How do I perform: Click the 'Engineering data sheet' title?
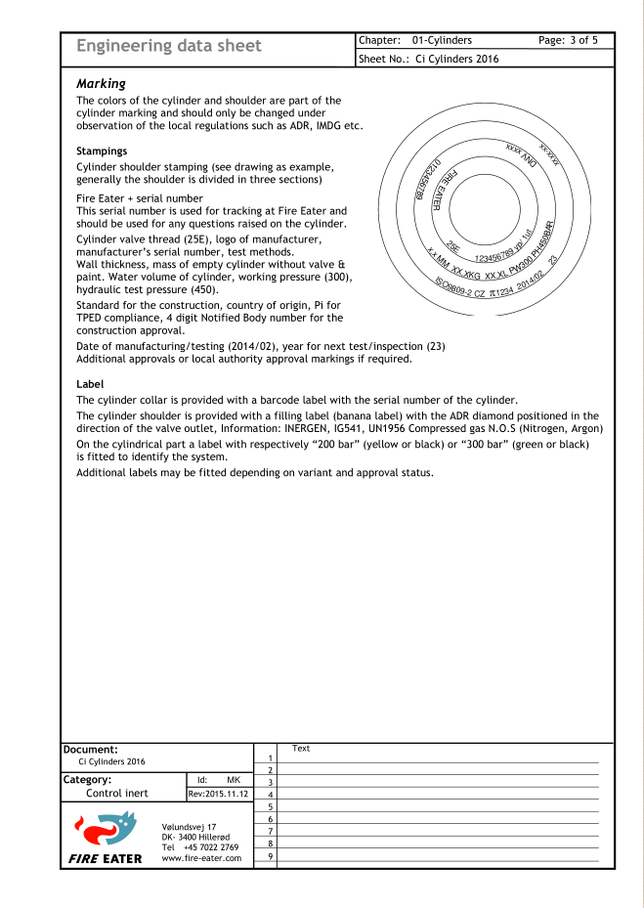pyautogui.click(x=169, y=46)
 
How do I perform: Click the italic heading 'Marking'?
pyautogui.click(x=101, y=84)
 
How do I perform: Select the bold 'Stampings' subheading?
pyautogui.click(x=102, y=151)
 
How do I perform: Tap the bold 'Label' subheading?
pyautogui.click(x=90, y=384)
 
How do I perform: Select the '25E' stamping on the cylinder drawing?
pyautogui.click(x=453, y=248)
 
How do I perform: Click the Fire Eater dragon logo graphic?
pyautogui.click(x=100, y=830)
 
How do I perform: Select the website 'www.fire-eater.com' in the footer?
pyautogui.click(x=201, y=858)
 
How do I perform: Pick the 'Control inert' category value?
pyautogui.click(x=117, y=794)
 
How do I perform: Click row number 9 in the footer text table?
pyautogui.click(x=269, y=856)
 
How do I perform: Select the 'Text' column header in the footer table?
pyautogui.click(x=301, y=749)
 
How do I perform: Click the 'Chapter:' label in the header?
pyautogui.click(x=380, y=40)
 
